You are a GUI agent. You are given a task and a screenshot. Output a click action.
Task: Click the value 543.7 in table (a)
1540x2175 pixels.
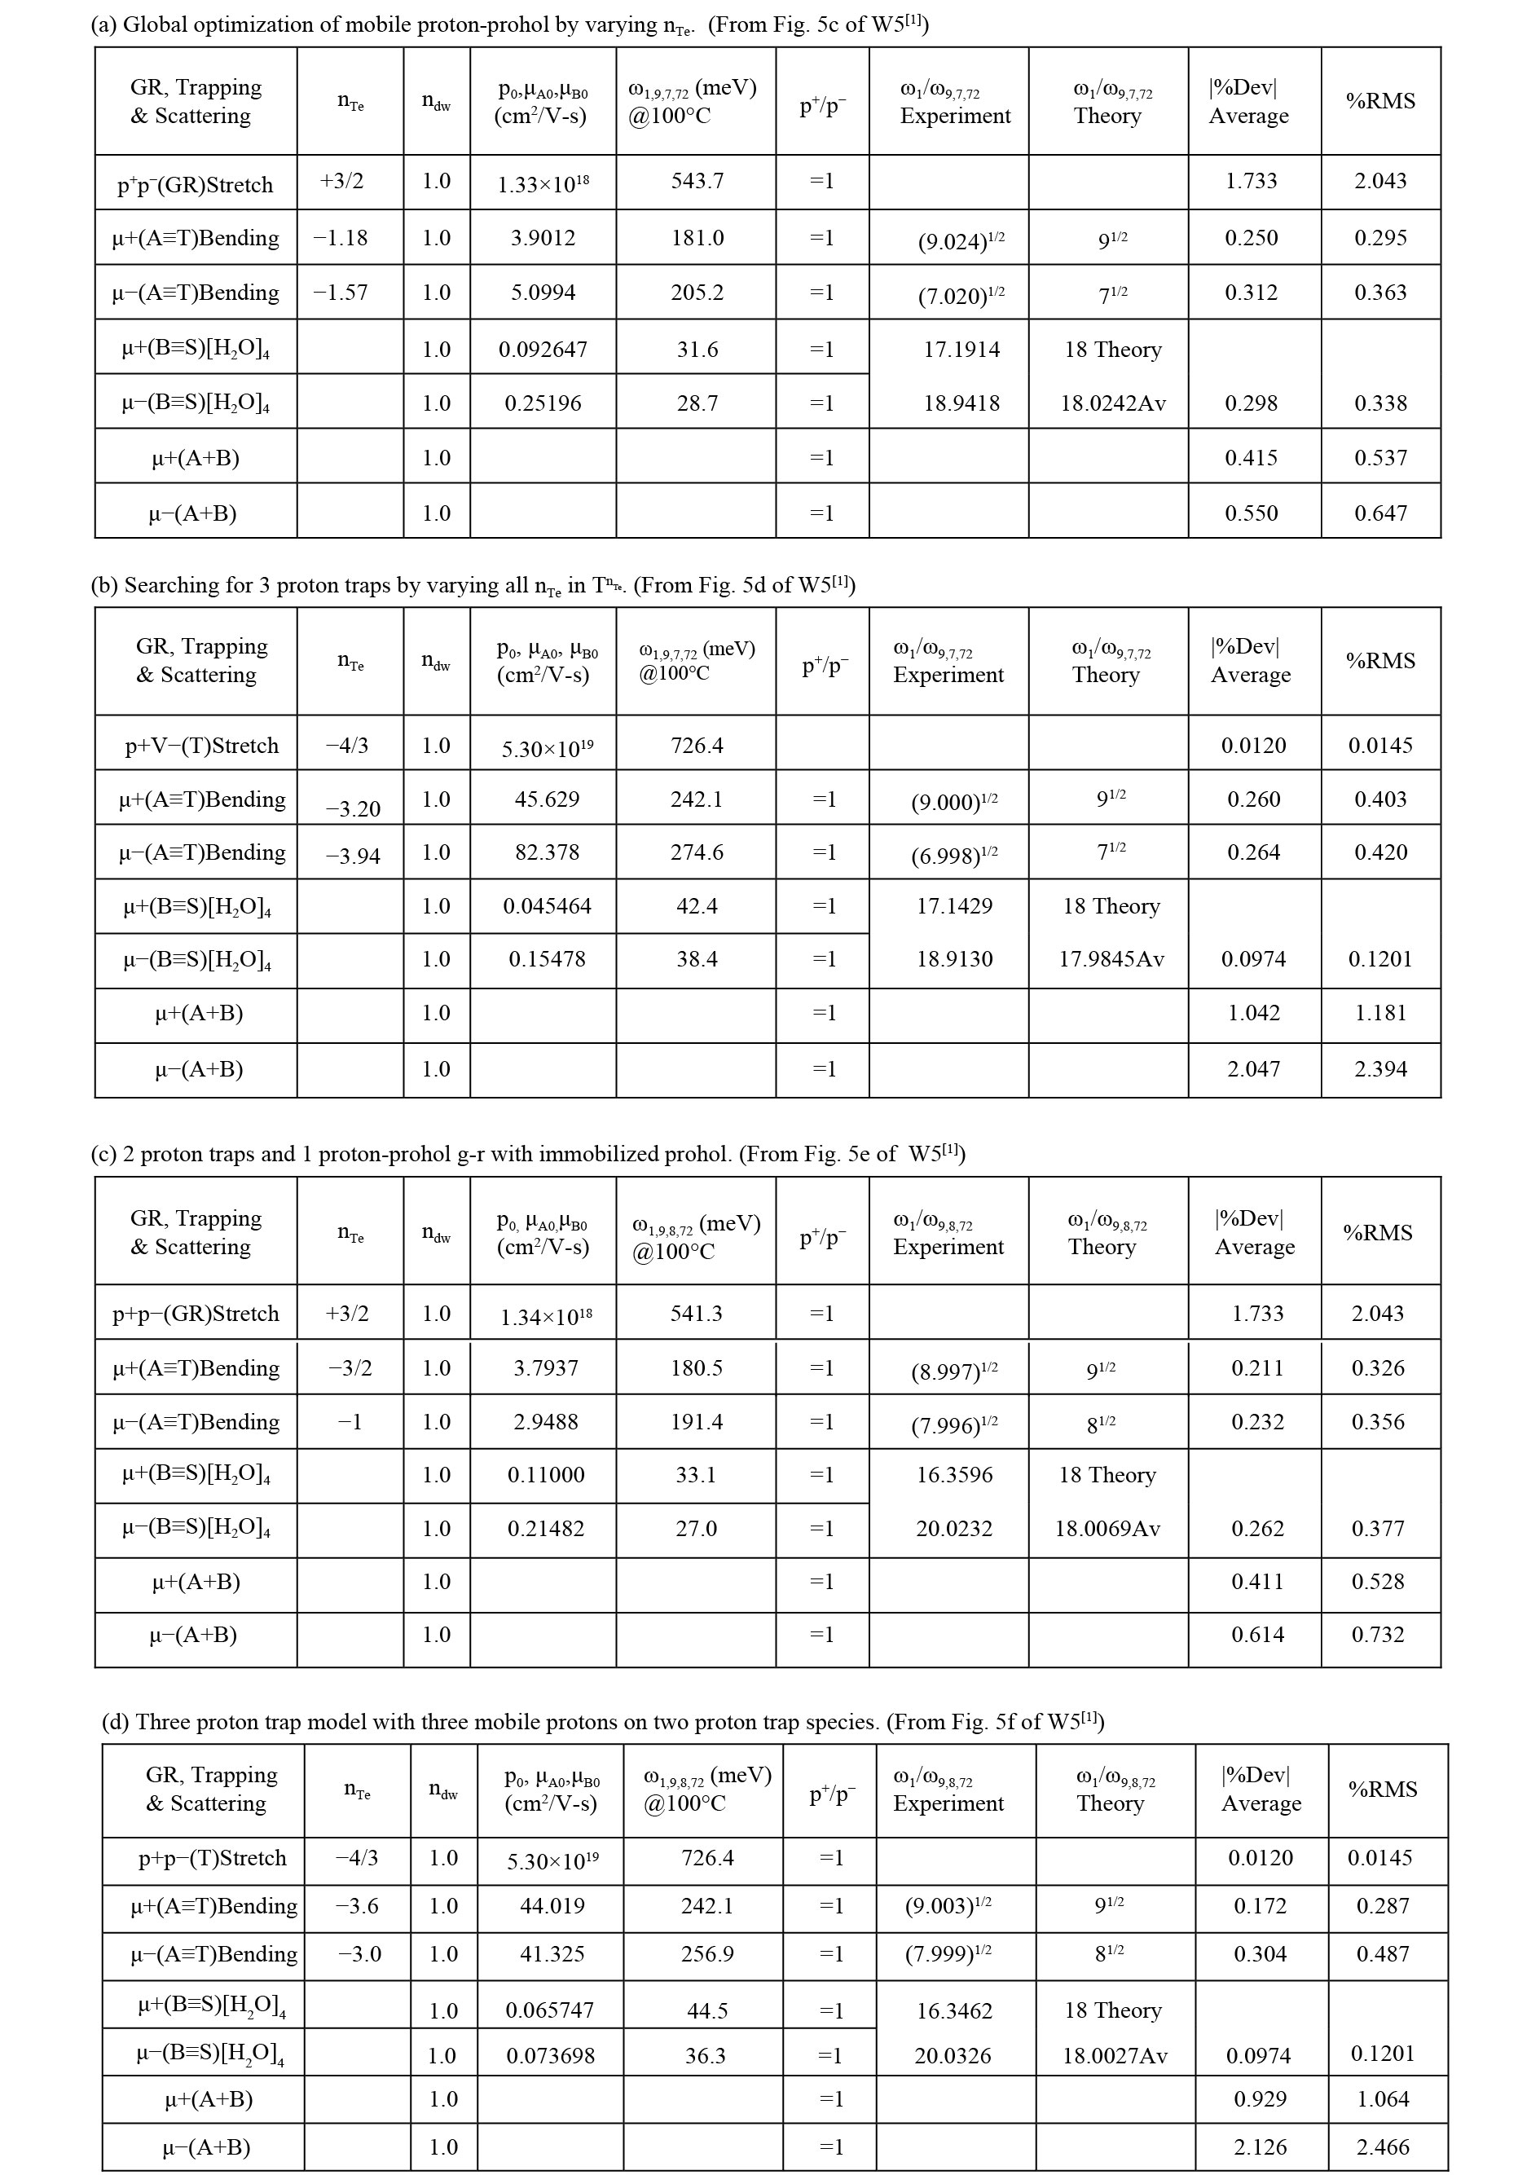[697, 181]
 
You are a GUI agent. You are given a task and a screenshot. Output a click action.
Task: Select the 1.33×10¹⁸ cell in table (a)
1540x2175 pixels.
[543, 184]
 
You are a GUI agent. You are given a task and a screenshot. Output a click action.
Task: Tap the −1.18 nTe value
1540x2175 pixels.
[341, 238]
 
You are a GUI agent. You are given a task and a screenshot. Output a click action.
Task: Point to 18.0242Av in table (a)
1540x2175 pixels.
[1112, 403]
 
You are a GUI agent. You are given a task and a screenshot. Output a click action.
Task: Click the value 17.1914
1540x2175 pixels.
[961, 350]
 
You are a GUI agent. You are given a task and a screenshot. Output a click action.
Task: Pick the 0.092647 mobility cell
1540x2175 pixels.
[543, 350]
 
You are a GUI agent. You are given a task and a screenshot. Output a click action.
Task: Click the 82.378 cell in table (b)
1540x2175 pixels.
[548, 852]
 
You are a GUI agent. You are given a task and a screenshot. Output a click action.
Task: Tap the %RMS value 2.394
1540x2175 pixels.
[1380, 1069]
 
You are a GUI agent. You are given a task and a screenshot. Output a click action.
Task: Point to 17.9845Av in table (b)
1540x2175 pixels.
[1111, 959]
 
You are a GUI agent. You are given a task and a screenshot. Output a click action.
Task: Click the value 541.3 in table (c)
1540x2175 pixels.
[696, 1313]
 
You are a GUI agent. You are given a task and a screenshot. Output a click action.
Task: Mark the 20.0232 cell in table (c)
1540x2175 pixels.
[954, 1529]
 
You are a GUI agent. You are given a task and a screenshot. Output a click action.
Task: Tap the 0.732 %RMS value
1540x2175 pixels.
[1378, 1635]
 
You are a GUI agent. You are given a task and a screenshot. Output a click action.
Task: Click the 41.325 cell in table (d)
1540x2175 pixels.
[552, 1954]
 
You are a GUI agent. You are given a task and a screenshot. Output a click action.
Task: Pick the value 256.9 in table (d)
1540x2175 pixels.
[707, 1954]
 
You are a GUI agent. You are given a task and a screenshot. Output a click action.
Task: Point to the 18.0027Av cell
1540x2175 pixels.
[1114, 2055]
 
